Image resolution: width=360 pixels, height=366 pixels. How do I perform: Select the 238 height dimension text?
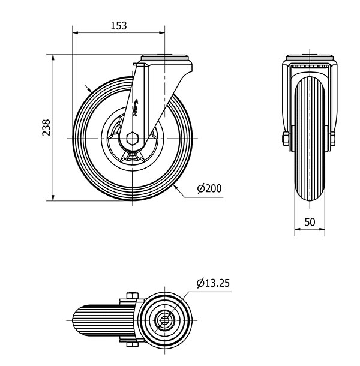click(x=46, y=128)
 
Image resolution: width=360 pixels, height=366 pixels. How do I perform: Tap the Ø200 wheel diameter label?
click(x=209, y=188)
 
